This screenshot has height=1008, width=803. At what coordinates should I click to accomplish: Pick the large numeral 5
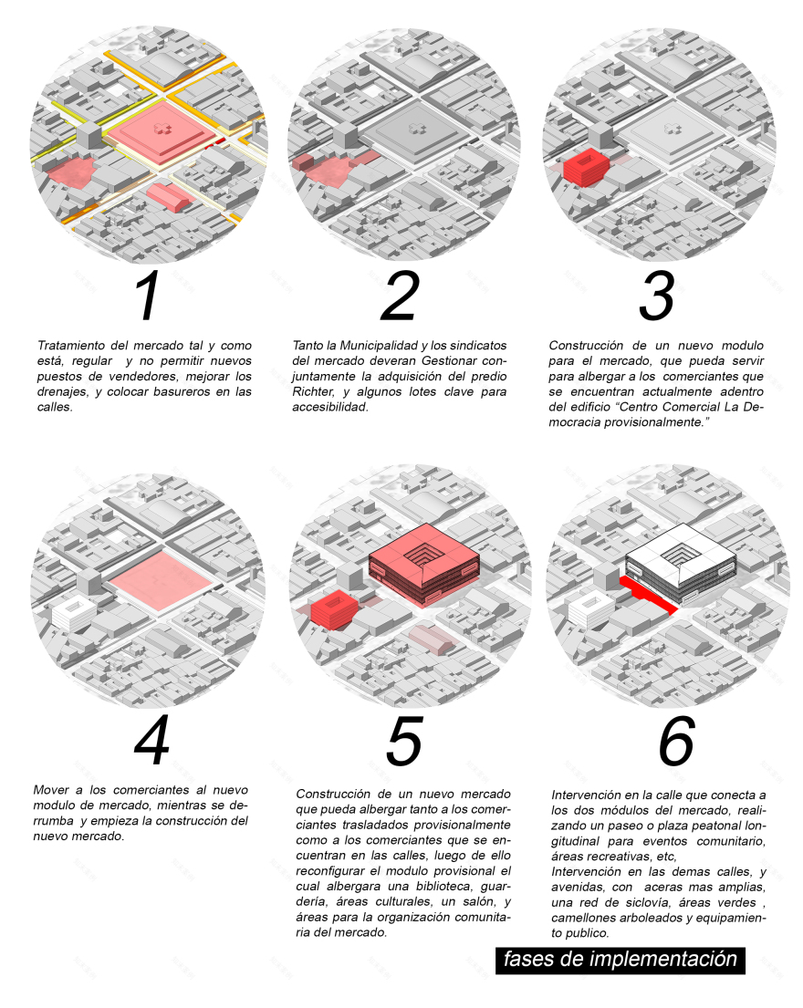click(x=404, y=741)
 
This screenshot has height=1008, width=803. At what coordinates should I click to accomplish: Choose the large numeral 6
click(x=677, y=741)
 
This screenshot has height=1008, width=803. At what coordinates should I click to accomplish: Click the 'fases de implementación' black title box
click(x=620, y=960)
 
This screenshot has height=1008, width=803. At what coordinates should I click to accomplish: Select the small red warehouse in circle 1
click(x=170, y=197)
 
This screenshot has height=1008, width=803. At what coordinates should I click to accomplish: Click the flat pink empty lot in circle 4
click(x=160, y=580)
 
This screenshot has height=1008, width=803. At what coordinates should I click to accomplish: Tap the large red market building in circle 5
click(x=423, y=564)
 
